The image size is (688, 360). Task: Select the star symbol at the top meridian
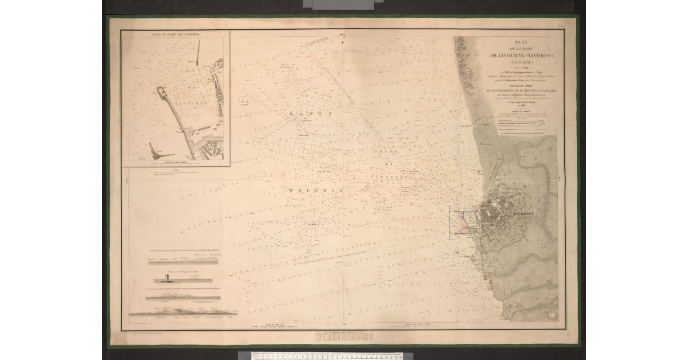(343, 42)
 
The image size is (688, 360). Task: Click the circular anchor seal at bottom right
(552, 314)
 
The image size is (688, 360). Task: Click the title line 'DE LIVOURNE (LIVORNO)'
(521, 55)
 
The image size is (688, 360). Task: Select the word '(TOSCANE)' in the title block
(521, 62)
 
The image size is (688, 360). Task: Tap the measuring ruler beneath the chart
(327, 356)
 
